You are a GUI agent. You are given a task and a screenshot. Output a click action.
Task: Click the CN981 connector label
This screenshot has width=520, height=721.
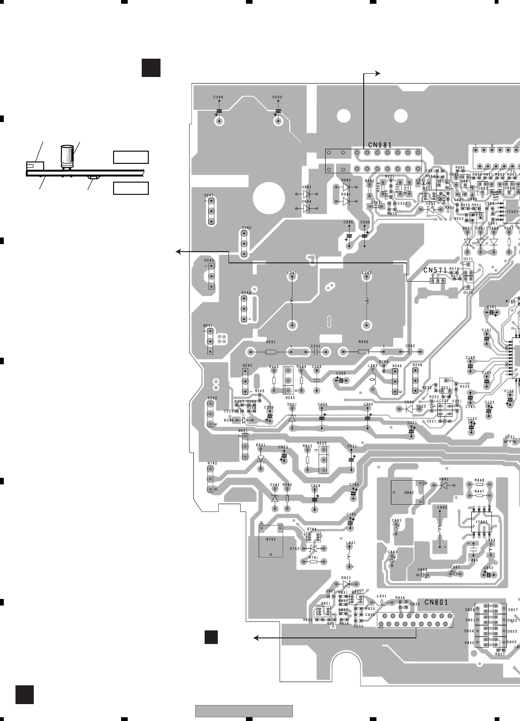pos(380,145)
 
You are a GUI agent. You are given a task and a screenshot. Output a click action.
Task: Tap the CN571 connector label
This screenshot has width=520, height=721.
pos(435,270)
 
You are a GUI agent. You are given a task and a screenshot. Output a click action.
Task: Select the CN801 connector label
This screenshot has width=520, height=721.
pos(436,602)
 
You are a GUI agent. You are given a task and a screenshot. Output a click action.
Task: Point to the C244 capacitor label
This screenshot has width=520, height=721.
pos(218,97)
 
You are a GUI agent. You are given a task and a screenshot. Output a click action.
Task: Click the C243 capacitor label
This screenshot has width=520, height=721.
pos(277,97)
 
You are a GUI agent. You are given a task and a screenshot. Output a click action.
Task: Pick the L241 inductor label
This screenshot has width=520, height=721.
pos(292,273)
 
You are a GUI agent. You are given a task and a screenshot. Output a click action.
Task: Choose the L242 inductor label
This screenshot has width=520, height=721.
pos(367,273)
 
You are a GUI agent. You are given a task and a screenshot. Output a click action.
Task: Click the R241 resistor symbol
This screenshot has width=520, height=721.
pos(271,351)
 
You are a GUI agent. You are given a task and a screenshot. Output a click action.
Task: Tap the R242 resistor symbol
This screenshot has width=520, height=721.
pos(363,351)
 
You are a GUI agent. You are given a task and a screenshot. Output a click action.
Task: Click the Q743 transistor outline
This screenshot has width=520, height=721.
pos(271,540)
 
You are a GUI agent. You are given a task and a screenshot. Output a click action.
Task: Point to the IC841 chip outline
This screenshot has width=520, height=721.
pos(482,522)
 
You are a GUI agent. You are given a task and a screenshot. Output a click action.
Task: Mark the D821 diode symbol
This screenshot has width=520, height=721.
pos(346,584)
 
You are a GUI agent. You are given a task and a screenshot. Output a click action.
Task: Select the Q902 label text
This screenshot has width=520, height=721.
pos(213,399)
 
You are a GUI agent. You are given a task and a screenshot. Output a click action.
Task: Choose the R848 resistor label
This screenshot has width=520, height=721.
pos(479,480)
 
